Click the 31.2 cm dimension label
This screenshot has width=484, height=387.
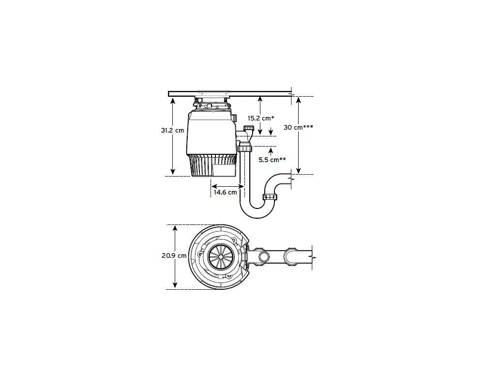(173, 130)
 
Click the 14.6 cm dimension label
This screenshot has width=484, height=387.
(226, 192)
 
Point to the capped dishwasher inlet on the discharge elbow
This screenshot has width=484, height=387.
(248, 128)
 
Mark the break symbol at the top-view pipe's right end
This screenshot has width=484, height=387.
(313, 256)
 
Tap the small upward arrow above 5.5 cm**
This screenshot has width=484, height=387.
(271, 151)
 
